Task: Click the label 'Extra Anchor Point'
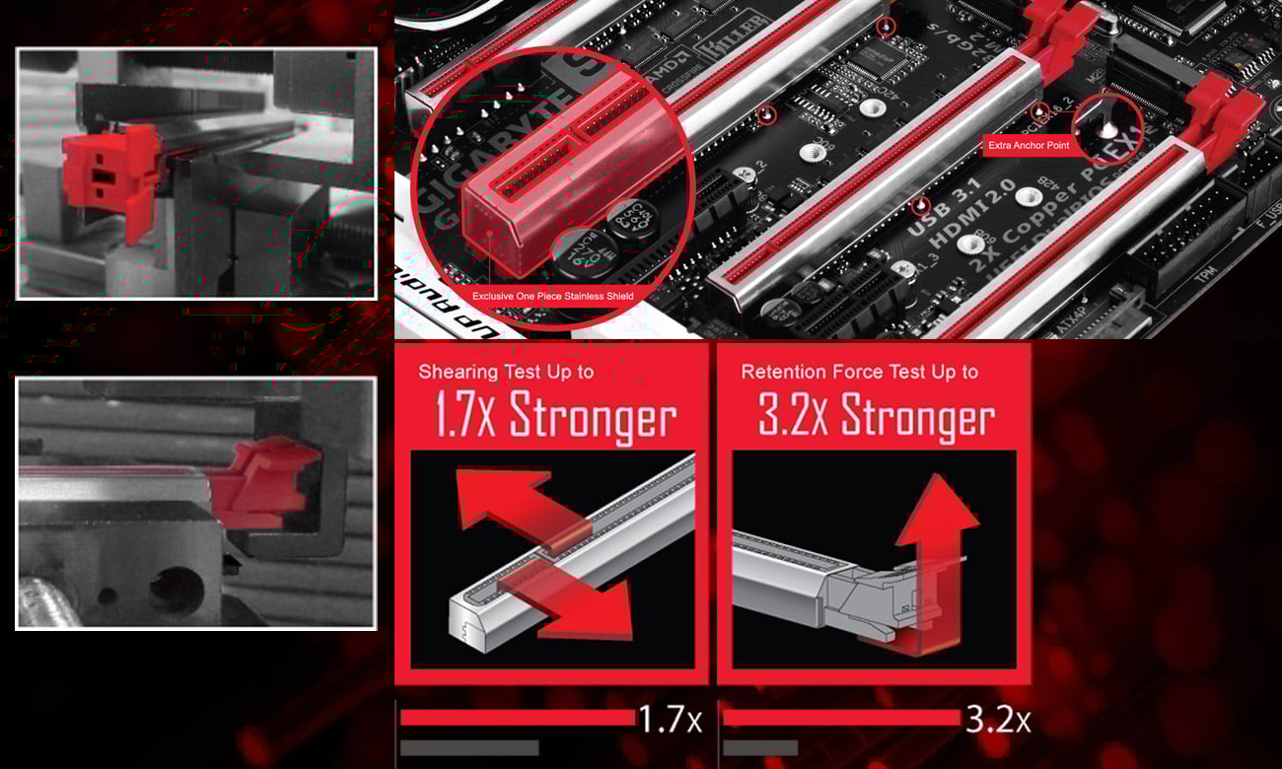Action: pos(1029,146)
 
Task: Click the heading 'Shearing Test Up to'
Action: pos(506,373)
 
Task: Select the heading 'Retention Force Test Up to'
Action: pos(859,373)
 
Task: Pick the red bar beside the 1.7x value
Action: pos(517,718)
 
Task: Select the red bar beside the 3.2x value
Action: pos(840,718)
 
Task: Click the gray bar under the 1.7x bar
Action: pos(469,748)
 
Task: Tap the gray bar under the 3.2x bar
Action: pos(759,748)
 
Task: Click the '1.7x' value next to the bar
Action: pos(670,720)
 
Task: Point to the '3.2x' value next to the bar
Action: pos(997,720)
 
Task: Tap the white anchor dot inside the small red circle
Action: pos(1106,129)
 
